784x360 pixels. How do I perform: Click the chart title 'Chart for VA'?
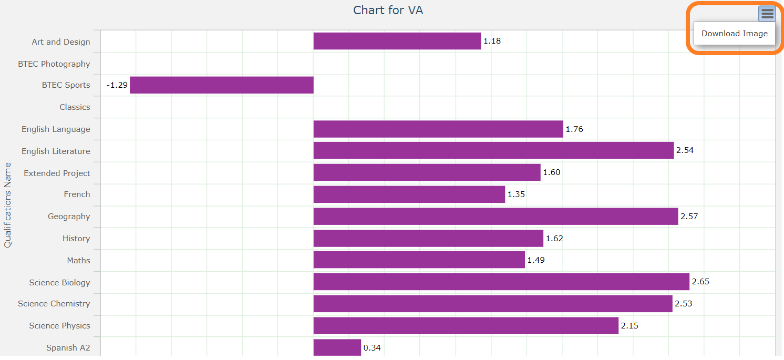(x=388, y=10)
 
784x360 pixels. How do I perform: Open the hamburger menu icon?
(x=767, y=14)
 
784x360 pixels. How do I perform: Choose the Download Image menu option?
(x=734, y=34)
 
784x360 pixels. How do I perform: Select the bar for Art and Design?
(x=397, y=41)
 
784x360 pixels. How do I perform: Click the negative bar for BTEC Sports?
(x=221, y=85)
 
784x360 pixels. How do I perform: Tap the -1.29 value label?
(x=117, y=85)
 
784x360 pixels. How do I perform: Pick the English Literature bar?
(x=493, y=150)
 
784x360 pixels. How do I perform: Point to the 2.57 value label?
(x=689, y=217)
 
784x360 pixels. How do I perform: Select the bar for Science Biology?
(x=501, y=282)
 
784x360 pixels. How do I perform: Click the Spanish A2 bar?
(x=337, y=347)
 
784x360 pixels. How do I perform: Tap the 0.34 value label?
(x=372, y=348)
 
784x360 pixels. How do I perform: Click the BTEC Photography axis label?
(x=54, y=64)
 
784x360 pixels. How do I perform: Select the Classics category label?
(x=75, y=107)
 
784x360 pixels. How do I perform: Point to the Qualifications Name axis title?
(x=8, y=205)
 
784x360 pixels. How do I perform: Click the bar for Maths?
(x=419, y=260)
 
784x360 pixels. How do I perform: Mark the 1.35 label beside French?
(x=516, y=194)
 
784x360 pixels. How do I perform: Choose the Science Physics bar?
(x=466, y=326)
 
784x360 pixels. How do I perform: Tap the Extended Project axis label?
(x=57, y=173)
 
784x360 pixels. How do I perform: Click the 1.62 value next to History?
(x=554, y=239)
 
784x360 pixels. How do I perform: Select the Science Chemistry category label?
(x=54, y=304)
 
